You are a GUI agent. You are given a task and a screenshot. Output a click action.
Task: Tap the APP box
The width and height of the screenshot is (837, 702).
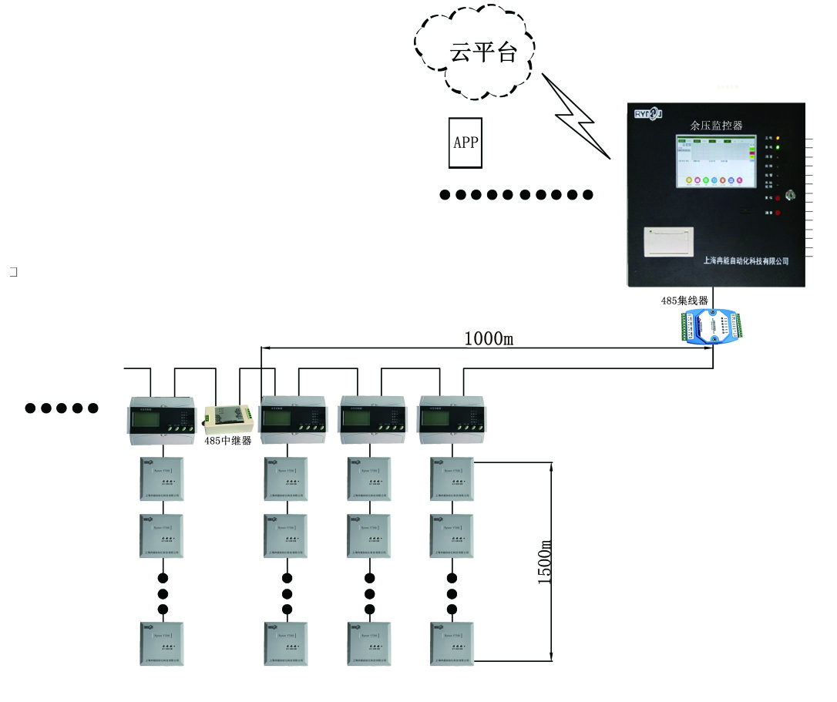pyautogui.click(x=466, y=143)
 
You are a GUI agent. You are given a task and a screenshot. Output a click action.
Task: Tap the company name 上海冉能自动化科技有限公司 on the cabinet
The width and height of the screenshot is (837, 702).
pyautogui.click(x=745, y=261)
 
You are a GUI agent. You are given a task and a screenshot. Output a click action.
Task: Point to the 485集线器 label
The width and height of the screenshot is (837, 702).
pyautogui.click(x=684, y=301)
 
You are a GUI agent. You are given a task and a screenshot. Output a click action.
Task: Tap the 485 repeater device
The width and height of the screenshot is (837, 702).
pyautogui.click(x=227, y=419)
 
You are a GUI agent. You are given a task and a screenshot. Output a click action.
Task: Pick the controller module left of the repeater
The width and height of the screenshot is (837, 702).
pyautogui.click(x=162, y=419)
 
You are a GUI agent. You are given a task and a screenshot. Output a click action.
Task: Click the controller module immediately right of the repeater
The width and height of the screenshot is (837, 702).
pyautogui.click(x=294, y=419)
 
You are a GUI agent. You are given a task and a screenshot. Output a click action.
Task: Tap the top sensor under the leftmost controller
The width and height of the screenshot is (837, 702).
pyautogui.click(x=162, y=479)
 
